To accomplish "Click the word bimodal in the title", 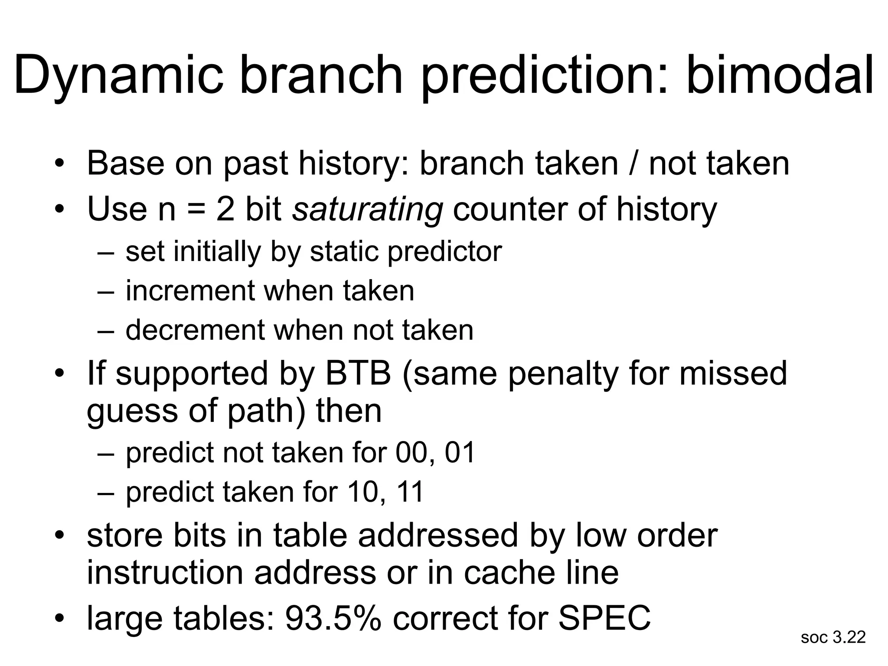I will coord(779,75).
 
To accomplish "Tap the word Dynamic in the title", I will coord(118,75).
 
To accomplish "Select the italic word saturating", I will coord(367,209).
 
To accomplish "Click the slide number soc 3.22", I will coord(833,637).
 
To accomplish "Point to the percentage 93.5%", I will coord(333,617).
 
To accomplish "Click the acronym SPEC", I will coord(604,617).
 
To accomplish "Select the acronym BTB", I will coord(358,373).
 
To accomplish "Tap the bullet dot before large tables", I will coord(60,617).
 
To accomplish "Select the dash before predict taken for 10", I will coord(106,493).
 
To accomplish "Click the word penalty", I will coord(563,373).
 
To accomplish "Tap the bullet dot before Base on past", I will coord(60,164).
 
